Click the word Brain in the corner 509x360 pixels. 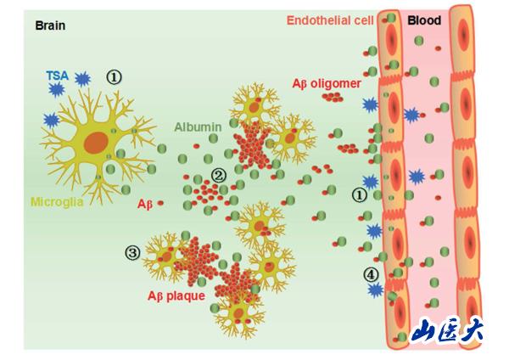(x=50, y=25)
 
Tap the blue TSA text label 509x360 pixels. (x=57, y=76)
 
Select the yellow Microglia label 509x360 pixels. (x=59, y=203)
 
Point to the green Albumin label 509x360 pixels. (x=198, y=127)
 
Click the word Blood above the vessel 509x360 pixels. (x=425, y=20)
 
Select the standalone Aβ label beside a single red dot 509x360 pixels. (x=144, y=205)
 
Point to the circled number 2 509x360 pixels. (x=219, y=176)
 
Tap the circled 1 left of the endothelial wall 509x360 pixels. (x=360, y=194)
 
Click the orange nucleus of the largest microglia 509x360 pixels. (x=95, y=142)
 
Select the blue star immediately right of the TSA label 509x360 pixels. (x=82, y=80)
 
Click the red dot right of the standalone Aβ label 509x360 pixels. (x=160, y=204)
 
